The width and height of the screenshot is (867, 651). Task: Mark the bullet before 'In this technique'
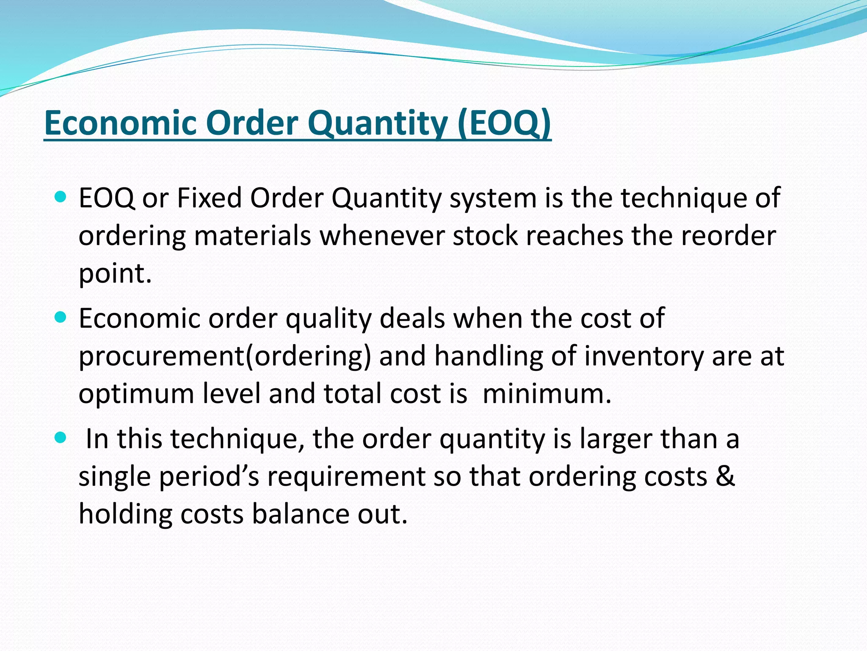click(61, 437)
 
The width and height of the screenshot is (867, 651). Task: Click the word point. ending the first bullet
click(115, 273)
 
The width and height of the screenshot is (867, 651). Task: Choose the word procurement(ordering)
click(225, 356)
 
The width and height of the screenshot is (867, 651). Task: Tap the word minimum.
click(547, 394)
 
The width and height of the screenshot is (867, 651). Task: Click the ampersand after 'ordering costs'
click(725, 476)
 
